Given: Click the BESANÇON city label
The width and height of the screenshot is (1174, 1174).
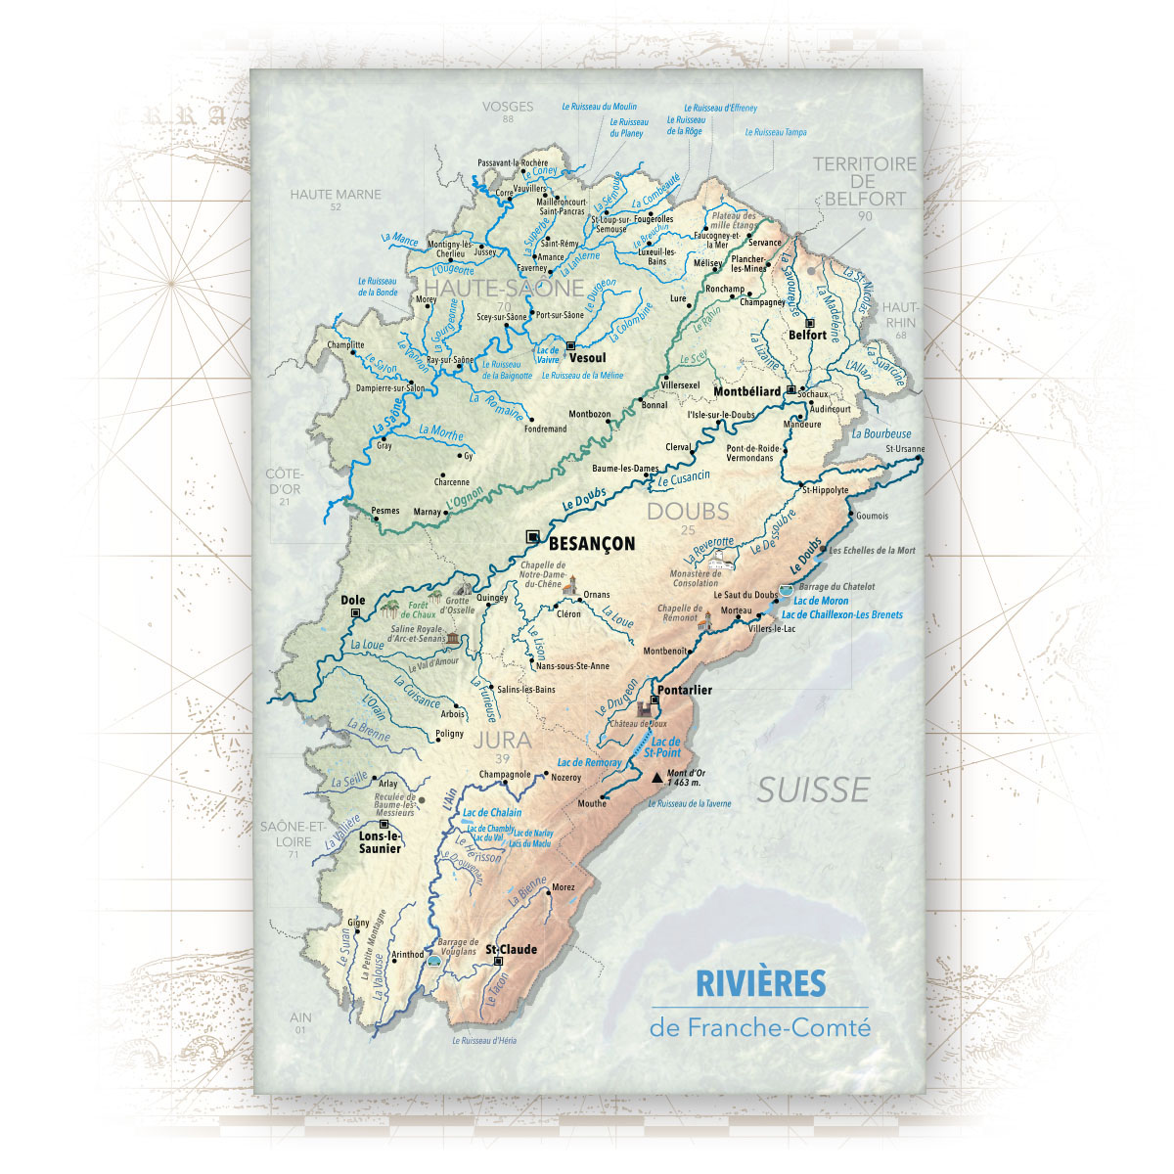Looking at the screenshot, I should pos(592,544).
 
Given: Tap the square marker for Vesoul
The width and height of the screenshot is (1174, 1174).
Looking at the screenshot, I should pos(570,344).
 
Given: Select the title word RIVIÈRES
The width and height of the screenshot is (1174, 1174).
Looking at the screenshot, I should pos(760,983).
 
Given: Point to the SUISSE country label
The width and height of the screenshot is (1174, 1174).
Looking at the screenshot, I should pos(813,790).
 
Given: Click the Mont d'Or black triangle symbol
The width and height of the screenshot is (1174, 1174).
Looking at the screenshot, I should pos(656,778).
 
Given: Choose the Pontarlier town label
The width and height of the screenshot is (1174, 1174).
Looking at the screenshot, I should pos(685,690).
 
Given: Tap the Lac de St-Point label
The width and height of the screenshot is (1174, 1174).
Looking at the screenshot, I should pos(664,748).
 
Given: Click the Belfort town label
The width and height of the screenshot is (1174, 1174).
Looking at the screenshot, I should pos(808,335).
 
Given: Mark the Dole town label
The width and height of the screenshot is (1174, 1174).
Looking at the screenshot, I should pos(352,600).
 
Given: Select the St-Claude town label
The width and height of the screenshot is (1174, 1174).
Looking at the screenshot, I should pos(512,949).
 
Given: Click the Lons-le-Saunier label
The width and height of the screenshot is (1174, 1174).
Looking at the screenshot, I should pos(380,842).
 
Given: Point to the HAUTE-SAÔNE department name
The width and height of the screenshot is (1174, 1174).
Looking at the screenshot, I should pos(505,289).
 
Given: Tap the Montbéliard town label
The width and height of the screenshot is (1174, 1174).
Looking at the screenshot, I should pos(747,391).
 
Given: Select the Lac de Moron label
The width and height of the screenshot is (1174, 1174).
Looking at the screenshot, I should pos(821,601).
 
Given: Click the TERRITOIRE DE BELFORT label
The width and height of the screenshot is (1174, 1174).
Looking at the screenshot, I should pos(865,181).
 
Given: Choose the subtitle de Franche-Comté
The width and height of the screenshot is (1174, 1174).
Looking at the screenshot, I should pos(759,1028).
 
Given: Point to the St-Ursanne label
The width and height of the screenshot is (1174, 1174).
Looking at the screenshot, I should pos(904,449).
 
